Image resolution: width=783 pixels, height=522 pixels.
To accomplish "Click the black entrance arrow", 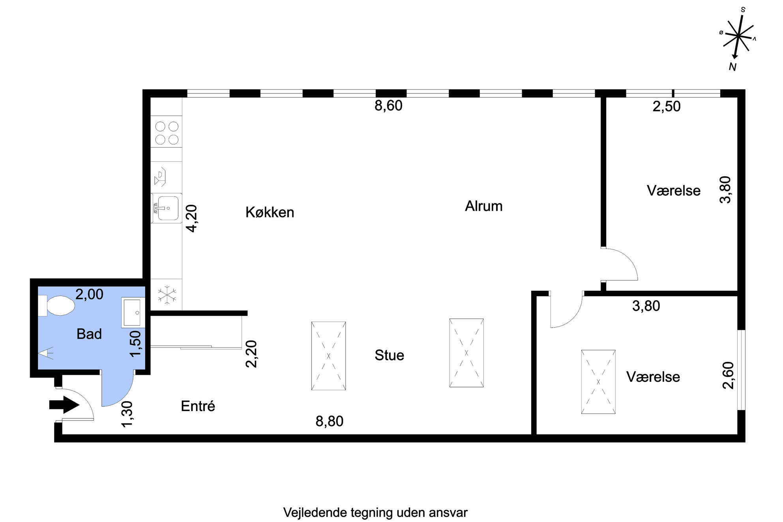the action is coord(64,405).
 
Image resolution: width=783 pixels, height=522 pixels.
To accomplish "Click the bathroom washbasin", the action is coord(133,312).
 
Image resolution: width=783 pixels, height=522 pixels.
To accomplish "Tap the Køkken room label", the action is coord(270,212).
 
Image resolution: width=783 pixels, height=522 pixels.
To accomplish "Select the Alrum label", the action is coord(484,206).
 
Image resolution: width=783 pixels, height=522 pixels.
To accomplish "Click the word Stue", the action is coord(390,355).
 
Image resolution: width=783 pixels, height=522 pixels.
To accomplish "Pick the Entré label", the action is coord(198,406).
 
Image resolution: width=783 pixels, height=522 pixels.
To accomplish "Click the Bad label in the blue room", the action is coord(89,334).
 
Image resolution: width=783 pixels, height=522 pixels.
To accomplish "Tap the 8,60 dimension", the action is coord(389,106).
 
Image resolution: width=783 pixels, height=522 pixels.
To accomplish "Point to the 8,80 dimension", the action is coord(330,421).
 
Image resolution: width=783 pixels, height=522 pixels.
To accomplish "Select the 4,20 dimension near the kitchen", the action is coord(192,218).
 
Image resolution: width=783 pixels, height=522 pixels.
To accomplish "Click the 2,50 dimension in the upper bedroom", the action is coord(667,107).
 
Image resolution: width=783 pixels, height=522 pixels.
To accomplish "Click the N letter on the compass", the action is coord(733,67).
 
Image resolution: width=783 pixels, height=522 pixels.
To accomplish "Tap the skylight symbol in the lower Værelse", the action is coord(598,382).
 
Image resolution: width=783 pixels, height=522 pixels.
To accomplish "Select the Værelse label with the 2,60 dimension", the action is coord(653,377).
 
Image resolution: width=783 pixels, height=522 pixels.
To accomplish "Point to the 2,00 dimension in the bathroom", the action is coord(90,294).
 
